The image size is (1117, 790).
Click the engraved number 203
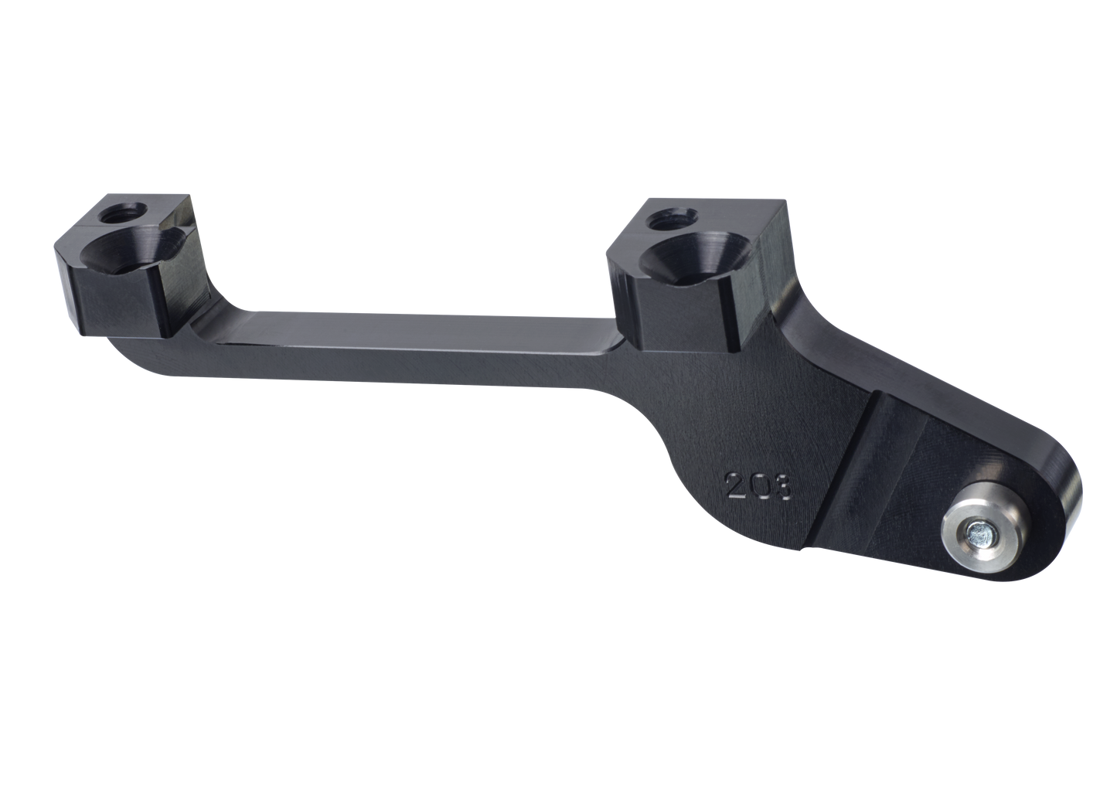click(759, 485)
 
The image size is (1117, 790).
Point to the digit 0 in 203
click(758, 485)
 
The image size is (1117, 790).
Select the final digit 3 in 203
click(782, 487)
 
